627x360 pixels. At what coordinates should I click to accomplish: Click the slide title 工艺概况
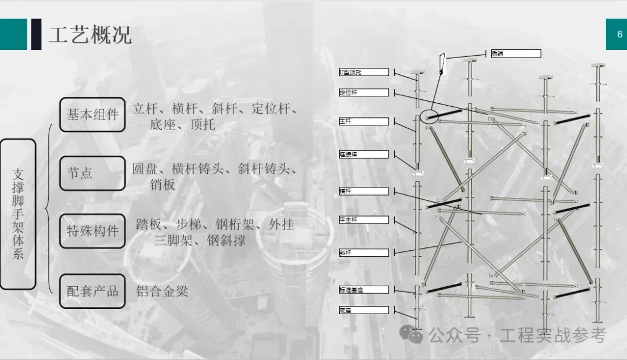coord(90,35)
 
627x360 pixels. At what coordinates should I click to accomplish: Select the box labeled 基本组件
coord(92,114)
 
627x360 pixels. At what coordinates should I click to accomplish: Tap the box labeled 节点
coord(92,173)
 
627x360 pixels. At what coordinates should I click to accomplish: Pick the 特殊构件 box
coord(92,231)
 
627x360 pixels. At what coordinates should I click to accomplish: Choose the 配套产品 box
coord(92,291)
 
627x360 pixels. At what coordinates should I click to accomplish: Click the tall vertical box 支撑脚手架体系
coord(18,214)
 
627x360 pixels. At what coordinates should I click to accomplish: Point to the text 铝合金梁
coord(163,291)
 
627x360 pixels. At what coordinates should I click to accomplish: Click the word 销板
coord(163,185)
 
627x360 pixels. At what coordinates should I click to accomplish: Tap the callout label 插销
coord(516,53)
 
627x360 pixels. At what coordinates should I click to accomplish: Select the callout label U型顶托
coord(363,73)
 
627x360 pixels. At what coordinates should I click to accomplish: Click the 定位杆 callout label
coord(363,92)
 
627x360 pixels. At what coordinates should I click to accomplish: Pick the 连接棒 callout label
coord(363,154)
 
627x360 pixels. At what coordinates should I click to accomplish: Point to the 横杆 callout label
coord(363,191)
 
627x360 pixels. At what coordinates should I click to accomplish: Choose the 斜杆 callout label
coord(363,253)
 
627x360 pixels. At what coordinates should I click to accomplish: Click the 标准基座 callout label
coord(363,289)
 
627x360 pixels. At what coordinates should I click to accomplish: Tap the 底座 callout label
coord(363,310)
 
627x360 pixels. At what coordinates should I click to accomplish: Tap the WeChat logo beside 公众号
coord(415,334)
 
